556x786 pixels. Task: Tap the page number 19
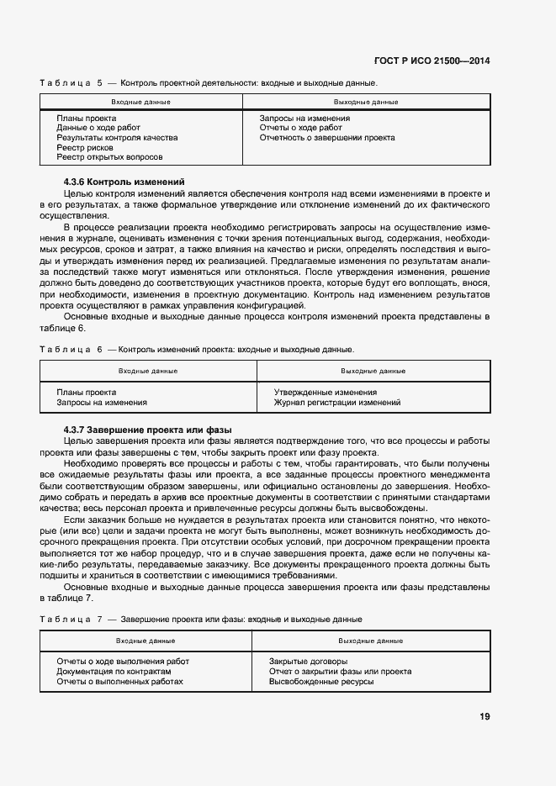[485, 717]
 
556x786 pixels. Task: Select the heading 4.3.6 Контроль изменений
[124, 182]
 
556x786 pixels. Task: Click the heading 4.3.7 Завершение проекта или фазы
[147, 430]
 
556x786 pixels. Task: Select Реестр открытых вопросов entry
[109, 157]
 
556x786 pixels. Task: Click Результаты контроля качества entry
[117, 137]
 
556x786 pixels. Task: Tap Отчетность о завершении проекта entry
[327, 137]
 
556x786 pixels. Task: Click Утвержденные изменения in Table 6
[326, 393]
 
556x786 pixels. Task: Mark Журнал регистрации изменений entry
[337, 403]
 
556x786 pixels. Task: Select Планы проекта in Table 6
[86, 393]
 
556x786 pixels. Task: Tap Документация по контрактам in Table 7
[114, 672]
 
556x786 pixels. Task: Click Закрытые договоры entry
[308, 662]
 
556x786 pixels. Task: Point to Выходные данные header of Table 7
[370, 641]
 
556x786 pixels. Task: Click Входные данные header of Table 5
[140, 102]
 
